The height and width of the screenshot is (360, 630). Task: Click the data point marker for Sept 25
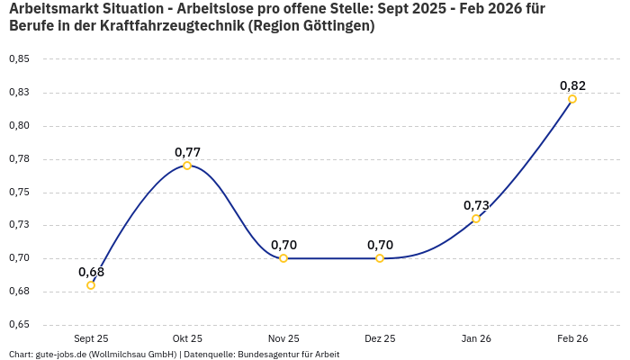(91, 285)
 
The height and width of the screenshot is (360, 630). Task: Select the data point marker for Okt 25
(187, 166)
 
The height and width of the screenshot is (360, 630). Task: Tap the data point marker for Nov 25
(283, 258)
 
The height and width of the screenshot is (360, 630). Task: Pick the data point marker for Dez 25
(380, 258)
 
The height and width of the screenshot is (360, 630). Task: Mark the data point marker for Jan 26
(476, 219)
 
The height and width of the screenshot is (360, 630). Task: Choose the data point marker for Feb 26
(572, 99)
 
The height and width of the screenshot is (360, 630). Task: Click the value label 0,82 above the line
(572, 85)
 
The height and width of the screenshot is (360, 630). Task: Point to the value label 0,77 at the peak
(187, 152)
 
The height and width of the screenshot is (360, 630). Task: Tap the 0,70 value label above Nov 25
(283, 245)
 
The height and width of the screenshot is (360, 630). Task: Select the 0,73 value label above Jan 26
(476, 205)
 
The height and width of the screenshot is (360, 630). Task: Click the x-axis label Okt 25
(187, 338)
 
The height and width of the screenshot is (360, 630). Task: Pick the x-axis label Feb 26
(572, 338)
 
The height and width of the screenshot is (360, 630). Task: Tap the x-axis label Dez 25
(380, 338)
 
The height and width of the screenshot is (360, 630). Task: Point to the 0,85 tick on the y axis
(19, 59)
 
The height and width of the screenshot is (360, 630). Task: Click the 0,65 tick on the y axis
(19, 325)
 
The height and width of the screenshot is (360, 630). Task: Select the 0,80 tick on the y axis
(19, 126)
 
